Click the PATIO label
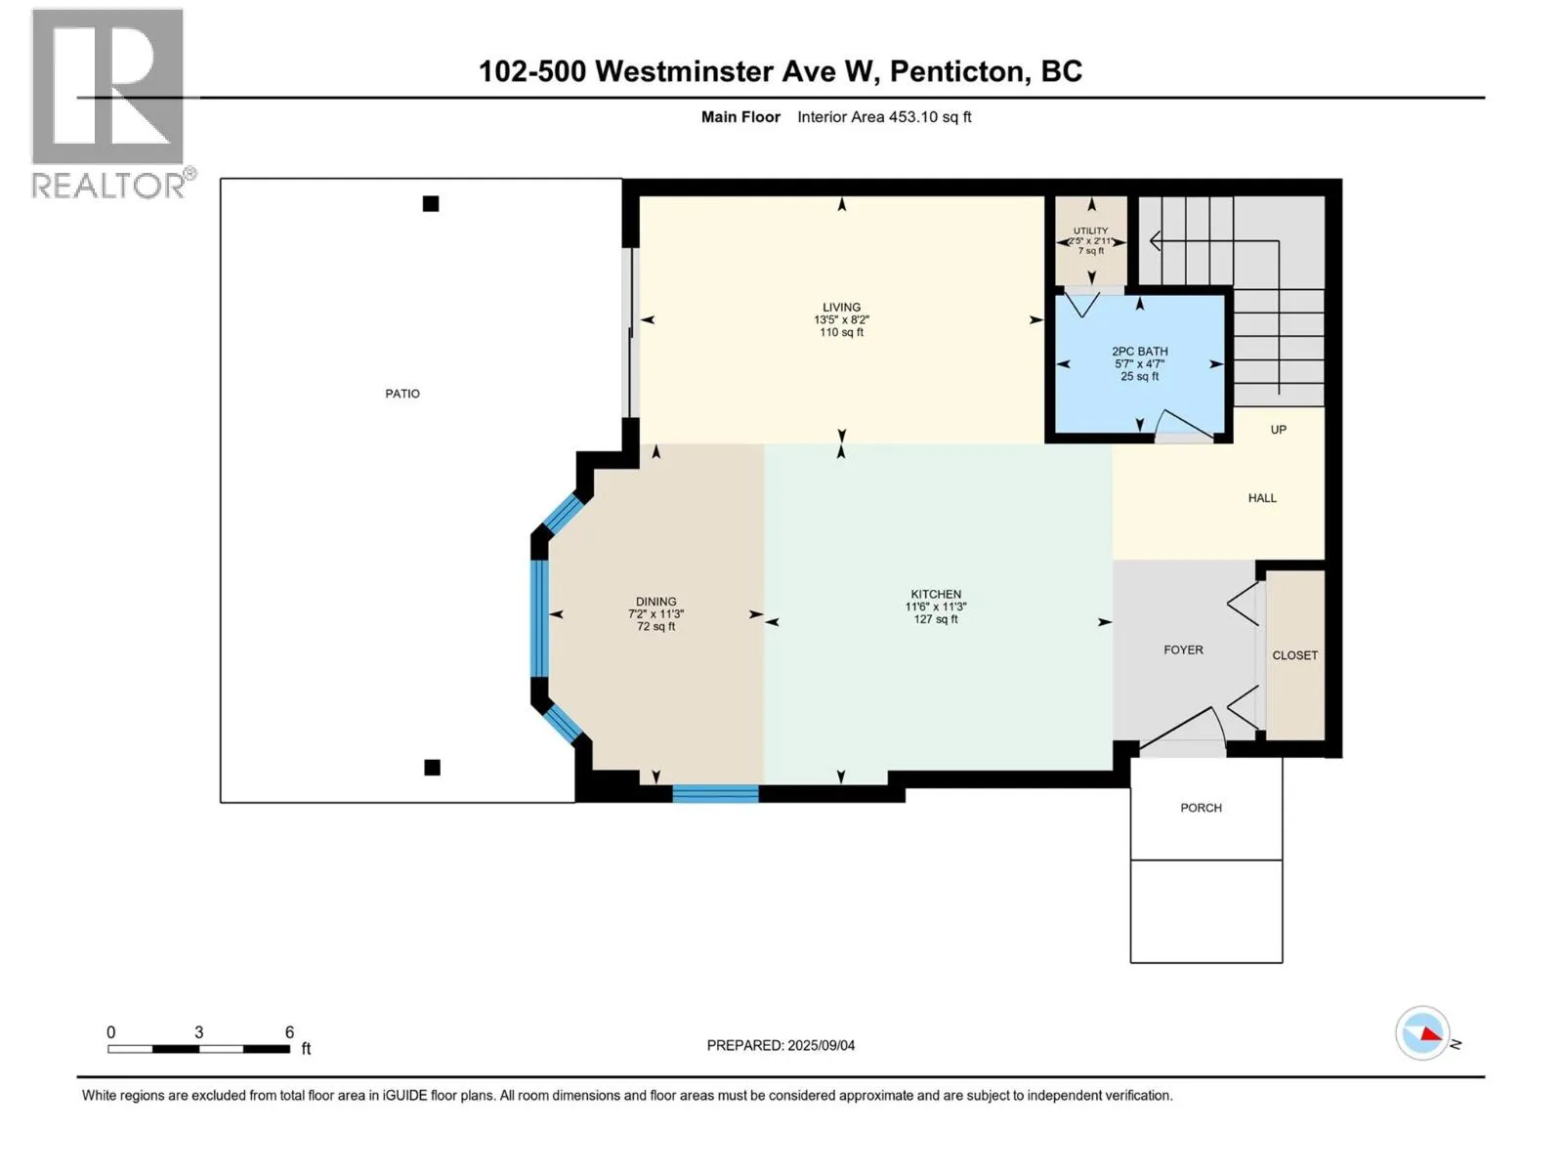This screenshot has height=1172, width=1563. pos(402,394)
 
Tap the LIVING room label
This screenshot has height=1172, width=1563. pos(841,308)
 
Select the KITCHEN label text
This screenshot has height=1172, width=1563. pos(936,594)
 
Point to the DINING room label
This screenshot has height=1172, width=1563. pos(655,602)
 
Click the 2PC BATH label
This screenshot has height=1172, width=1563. pos(1139,352)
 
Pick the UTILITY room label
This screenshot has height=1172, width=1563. pos(1090,230)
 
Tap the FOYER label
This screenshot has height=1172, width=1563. pos(1183,649)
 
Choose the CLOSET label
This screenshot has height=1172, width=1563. pos(1294,655)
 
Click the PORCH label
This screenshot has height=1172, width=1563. pos(1201,808)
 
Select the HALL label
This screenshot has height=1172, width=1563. pos(1262,498)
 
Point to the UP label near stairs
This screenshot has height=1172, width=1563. pos(1278,430)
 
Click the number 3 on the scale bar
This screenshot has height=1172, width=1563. pos(198,1031)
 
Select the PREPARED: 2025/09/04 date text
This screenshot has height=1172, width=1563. pos(781,1045)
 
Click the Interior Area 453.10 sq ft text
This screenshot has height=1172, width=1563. pos(884,116)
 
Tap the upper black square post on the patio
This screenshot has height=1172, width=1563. pos(430,203)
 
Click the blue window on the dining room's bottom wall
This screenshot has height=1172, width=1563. pos(715,793)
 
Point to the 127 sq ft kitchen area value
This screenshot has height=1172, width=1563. pos(936,620)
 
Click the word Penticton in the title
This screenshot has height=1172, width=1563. pos(959,72)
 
